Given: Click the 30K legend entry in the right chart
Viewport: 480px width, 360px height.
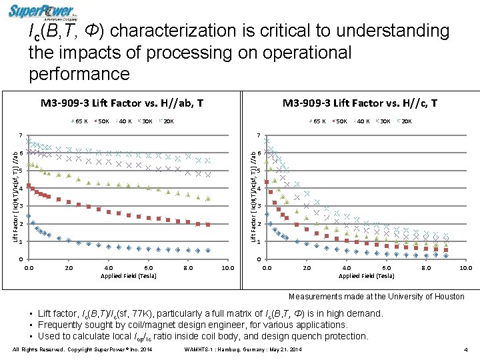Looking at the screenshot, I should tap(383, 121).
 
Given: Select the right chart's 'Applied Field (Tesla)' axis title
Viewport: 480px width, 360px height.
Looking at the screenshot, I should tap(367, 275).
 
